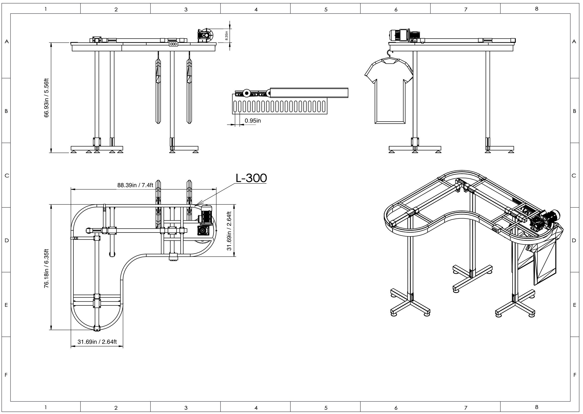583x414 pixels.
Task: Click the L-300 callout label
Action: point(251,178)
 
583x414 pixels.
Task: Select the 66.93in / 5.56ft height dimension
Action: point(46,98)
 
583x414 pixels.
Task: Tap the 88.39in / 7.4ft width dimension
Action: point(135,185)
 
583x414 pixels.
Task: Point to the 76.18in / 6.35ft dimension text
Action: point(46,269)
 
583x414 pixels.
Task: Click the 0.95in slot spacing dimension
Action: point(253,121)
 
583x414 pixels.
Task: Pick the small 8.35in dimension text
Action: point(227,36)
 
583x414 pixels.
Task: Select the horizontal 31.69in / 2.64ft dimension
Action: point(97,342)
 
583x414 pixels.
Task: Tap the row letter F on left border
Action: point(6,375)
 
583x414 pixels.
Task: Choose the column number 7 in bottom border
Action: point(466,408)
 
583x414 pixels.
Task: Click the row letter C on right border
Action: point(574,176)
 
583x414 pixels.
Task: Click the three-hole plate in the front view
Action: point(173,44)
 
